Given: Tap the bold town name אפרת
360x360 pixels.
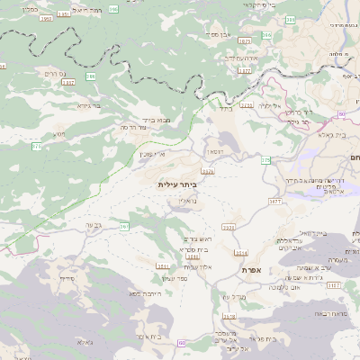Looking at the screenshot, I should [250, 269].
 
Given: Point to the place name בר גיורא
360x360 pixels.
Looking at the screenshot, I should [88, 105].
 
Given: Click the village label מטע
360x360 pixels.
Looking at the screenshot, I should [59, 133].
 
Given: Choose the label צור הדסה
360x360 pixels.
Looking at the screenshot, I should [135, 127].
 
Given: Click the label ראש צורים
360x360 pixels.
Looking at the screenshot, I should [184, 238].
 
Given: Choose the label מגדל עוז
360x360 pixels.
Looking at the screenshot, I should [234, 296].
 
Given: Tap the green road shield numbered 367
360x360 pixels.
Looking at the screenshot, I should [123, 226].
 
